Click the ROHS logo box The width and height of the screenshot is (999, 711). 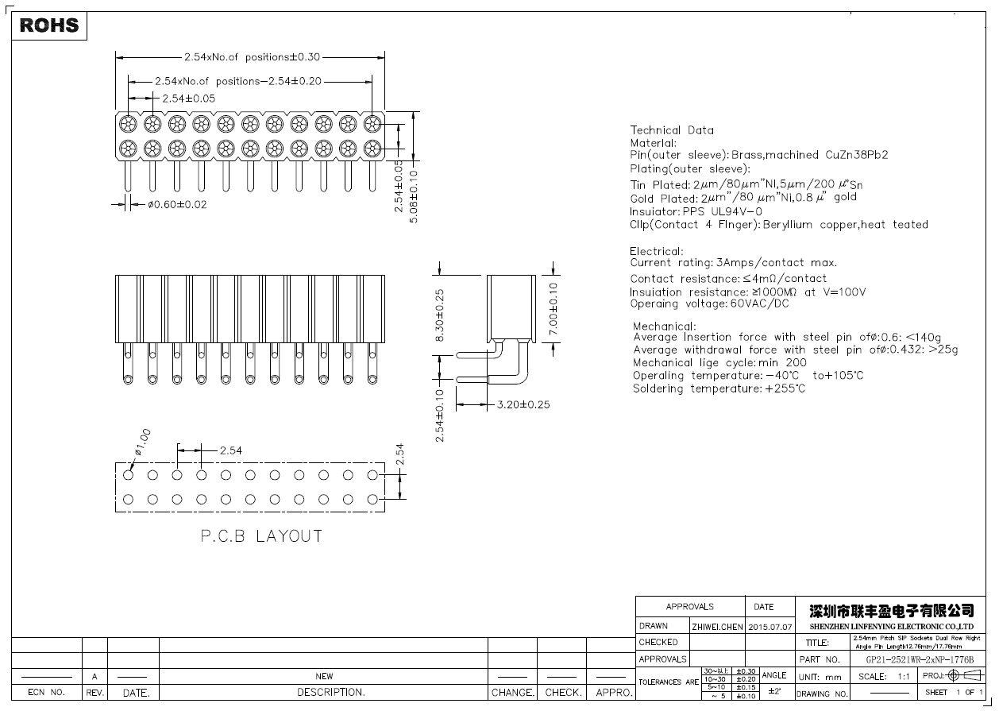[49, 25]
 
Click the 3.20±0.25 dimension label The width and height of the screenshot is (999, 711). [523, 404]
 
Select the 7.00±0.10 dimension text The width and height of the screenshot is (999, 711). [553, 308]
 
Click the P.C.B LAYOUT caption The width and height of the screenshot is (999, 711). [260, 536]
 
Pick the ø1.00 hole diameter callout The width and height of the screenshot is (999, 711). [142, 442]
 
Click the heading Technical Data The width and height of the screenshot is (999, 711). [672, 130]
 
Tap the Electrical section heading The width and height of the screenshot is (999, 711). [656, 251]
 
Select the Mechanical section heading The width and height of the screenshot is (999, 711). [664, 326]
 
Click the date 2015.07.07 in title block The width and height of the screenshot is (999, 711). [770, 627]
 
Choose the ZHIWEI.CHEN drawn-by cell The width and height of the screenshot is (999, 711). [717, 627]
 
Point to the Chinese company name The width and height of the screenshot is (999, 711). [891, 610]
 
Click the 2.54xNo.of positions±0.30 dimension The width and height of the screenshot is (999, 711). [252, 57]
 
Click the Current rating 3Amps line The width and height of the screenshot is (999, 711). [733, 263]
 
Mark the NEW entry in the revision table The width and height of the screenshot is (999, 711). [324, 676]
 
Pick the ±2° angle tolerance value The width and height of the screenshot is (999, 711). [773, 692]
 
